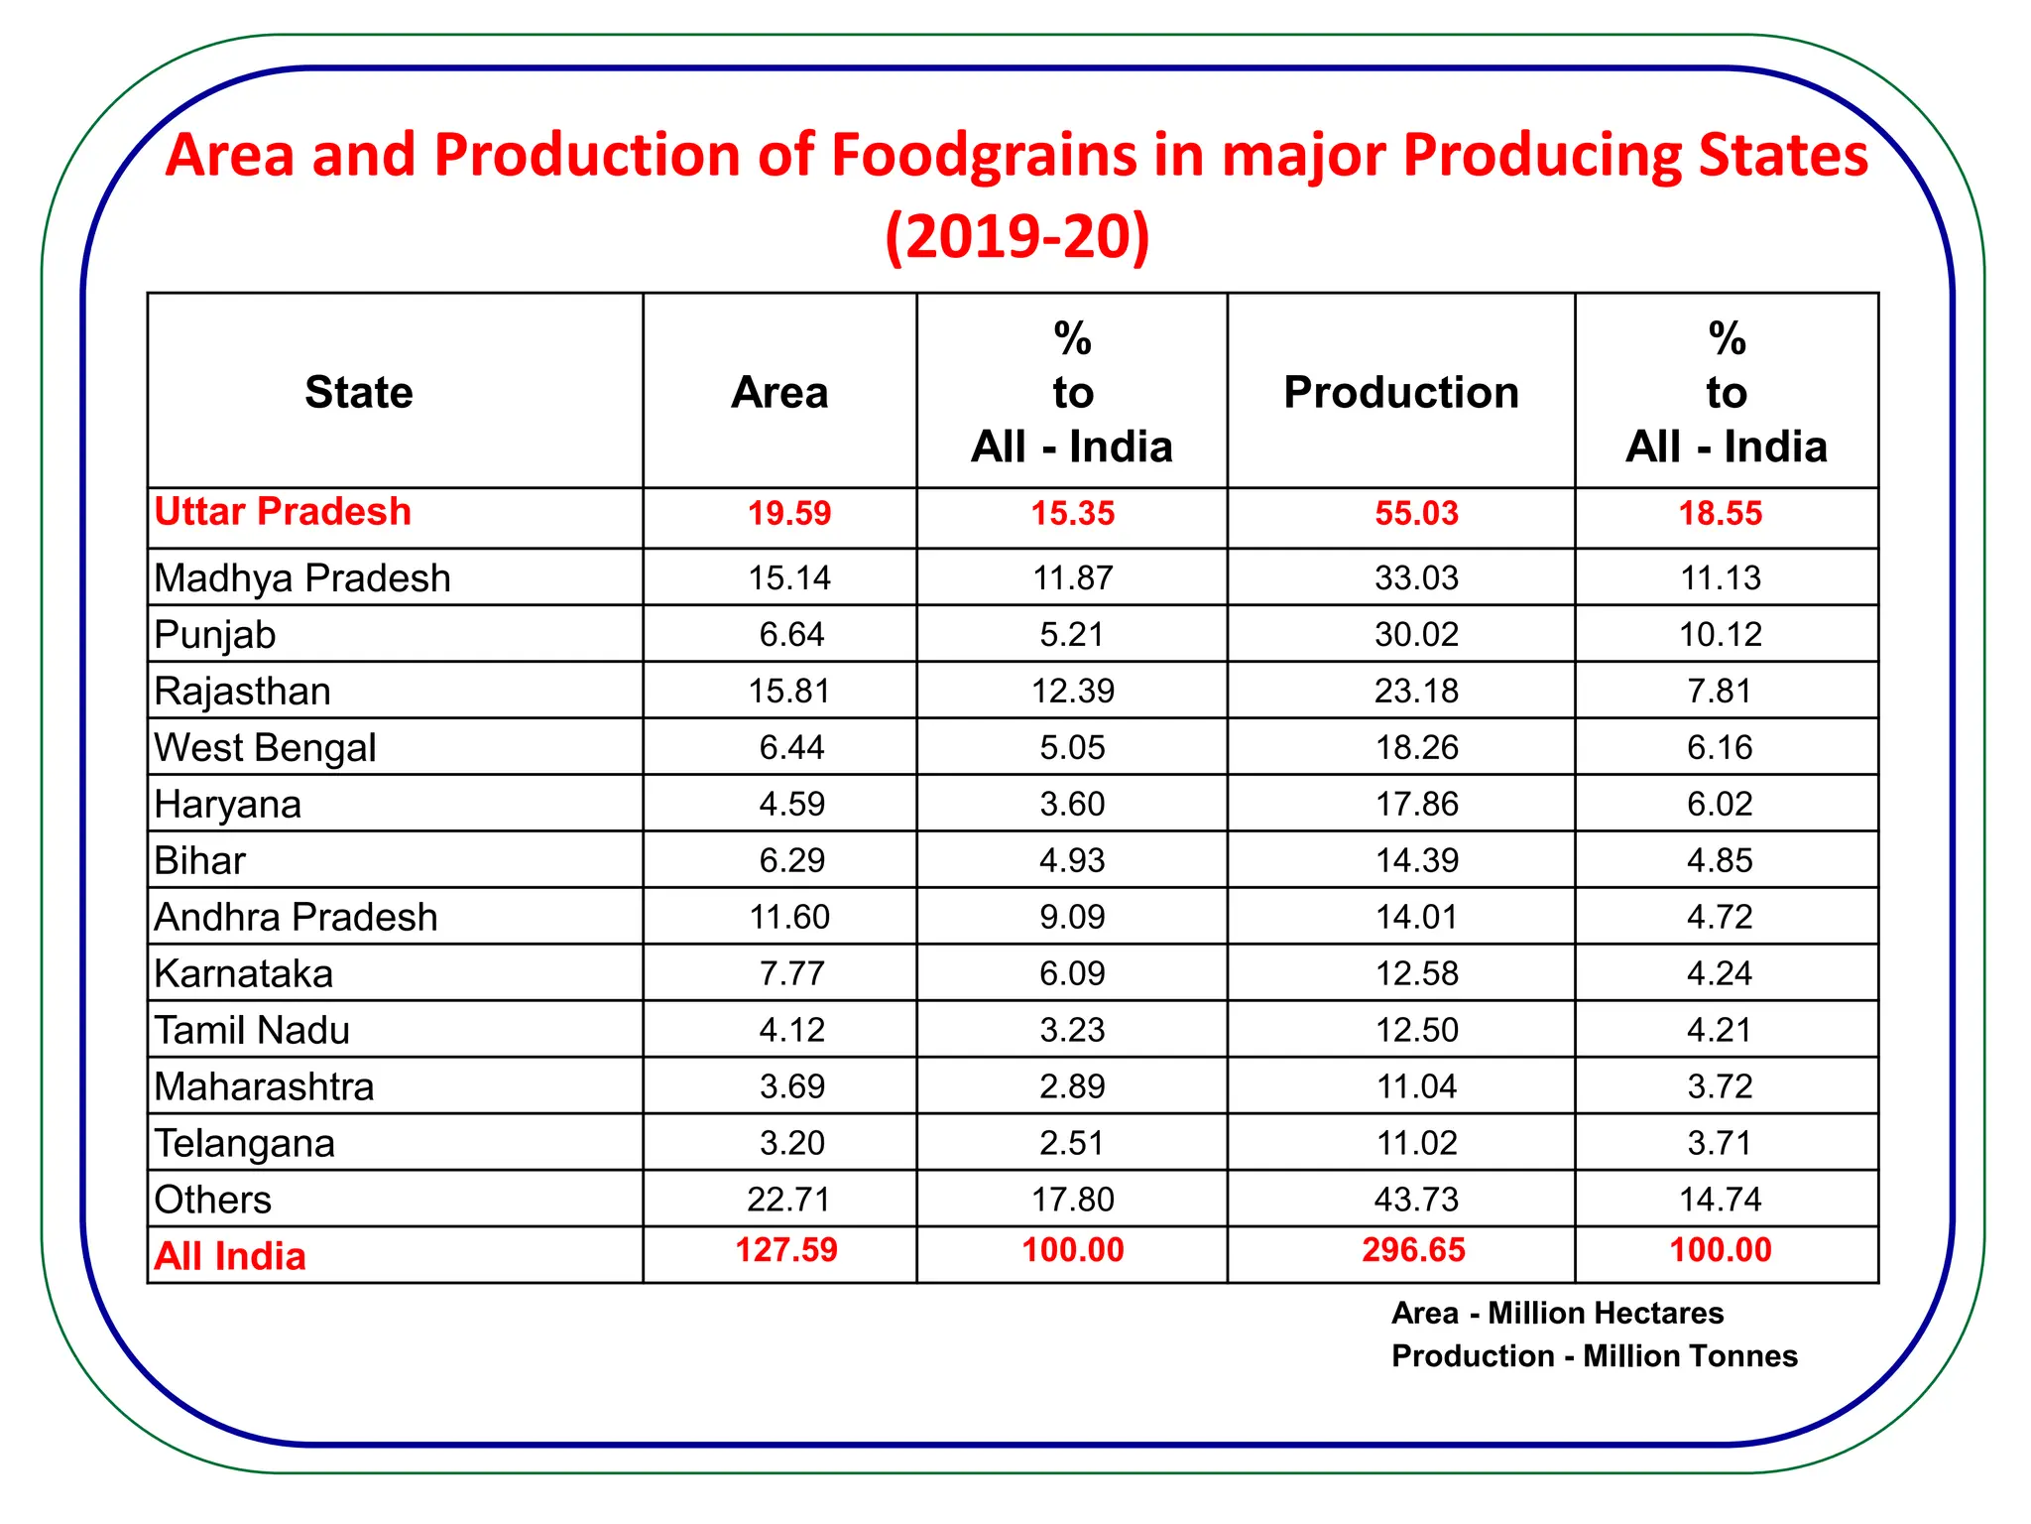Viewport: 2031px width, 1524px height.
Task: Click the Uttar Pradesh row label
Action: click(283, 512)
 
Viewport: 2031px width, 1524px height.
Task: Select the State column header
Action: click(358, 393)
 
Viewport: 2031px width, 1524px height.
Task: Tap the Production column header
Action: click(1400, 393)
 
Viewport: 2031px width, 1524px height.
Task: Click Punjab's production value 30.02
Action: click(1416, 635)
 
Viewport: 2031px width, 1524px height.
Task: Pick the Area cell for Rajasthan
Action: click(789, 692)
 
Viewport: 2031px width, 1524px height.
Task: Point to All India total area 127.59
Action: click(786, 1250)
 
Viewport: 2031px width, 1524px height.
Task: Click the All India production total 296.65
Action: click(1413, 1250)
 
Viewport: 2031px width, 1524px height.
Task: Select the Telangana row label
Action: click(245, 1144)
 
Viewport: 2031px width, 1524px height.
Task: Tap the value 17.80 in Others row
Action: click(1073, 1201)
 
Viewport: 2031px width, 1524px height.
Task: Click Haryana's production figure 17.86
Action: click(1416, 805)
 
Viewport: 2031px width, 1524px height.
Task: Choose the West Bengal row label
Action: click(266, 748)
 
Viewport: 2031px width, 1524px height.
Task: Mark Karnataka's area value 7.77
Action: click(791, 974)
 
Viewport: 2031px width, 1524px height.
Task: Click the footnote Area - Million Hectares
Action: click(1557, 1314)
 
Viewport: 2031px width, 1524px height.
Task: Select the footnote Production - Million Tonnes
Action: click(1594, 1356)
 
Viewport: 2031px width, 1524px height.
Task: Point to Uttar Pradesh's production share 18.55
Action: click(1721, 514)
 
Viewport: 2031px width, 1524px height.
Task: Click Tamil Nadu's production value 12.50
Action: click(1416, 1031)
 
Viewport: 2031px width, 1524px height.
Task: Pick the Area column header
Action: click(779, 393)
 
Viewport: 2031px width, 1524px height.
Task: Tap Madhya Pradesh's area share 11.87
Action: click(1073, 578)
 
